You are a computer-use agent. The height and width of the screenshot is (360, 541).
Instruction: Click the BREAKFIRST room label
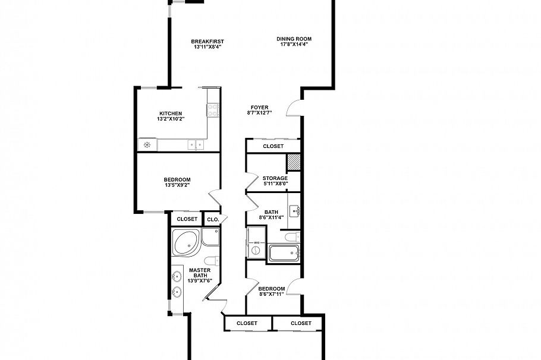[207, 42]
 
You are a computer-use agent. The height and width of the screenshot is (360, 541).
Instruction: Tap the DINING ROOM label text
[294, 39]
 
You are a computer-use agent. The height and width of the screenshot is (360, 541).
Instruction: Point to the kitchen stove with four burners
[212, 109]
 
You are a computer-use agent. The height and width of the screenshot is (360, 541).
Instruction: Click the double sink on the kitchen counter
[195, 144]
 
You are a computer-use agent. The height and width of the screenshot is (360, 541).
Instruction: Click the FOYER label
[260, 108]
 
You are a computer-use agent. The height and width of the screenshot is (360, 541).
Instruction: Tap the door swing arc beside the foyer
[294, 108]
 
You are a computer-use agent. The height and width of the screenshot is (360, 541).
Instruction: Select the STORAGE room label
[275, 178]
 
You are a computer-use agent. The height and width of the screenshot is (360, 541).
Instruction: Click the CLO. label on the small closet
[212, 219]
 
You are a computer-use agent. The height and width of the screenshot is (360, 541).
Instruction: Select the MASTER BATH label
[199, 273]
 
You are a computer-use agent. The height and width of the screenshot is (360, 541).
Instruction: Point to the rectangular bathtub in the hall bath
[285, 254]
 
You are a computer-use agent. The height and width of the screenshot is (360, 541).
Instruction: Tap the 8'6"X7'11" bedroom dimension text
[272, 293]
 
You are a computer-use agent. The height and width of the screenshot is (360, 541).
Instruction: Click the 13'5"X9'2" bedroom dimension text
[177, 185]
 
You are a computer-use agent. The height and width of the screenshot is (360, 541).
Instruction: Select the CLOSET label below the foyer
[273, 146]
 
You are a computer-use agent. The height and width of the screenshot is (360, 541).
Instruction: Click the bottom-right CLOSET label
[301, 323]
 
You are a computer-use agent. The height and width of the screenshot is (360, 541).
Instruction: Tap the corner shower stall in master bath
[210, 237]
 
